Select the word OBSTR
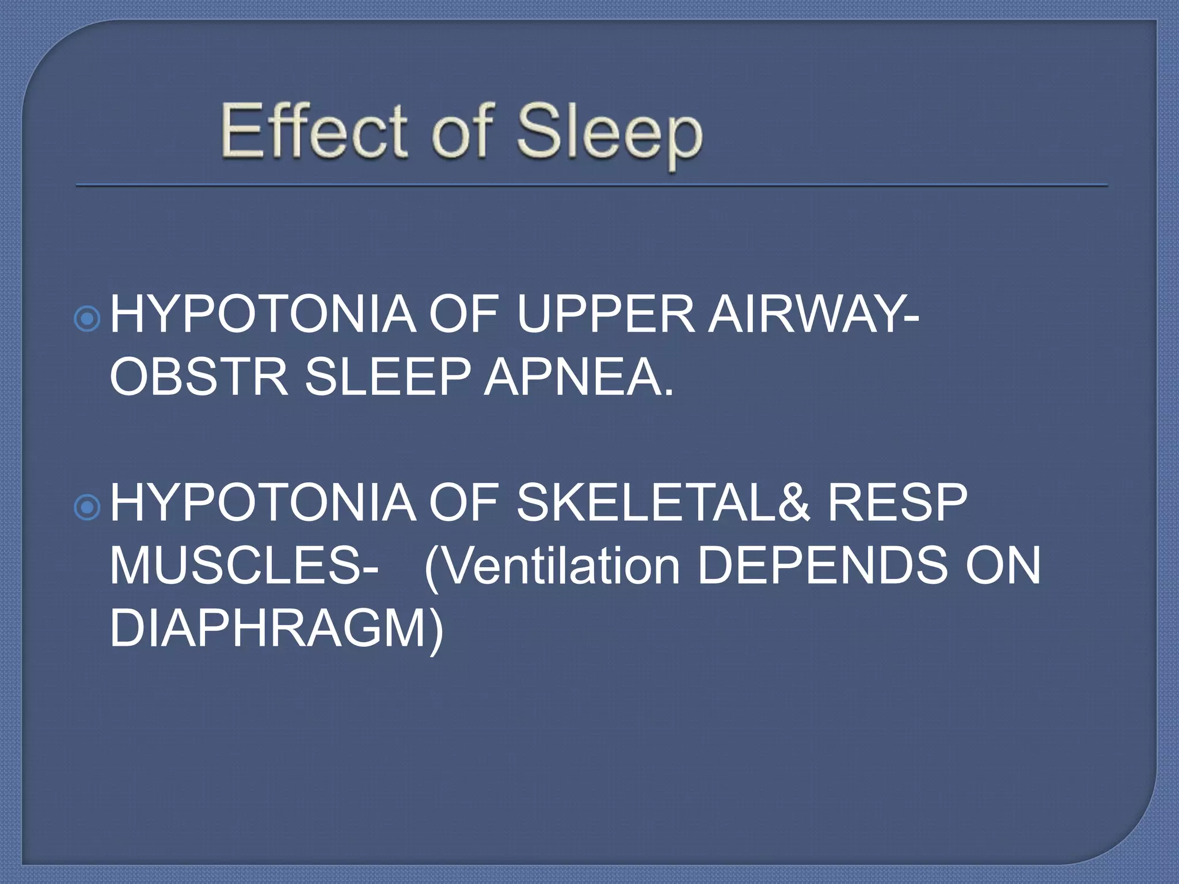(199, 378)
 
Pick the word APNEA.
(578, 378)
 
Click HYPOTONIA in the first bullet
(263, 315)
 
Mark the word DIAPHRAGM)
(277, 630)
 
